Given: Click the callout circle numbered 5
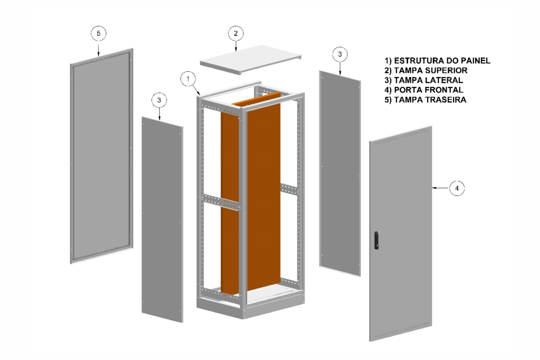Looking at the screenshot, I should point(98,33).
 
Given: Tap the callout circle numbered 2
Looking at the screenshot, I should point(236,33).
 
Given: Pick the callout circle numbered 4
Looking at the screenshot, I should point(457,188).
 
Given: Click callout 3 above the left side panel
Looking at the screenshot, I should point(160,99).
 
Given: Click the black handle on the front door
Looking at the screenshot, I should point(375,240).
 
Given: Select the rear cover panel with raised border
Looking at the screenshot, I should point(101,155).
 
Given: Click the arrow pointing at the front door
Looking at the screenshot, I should point(440,188).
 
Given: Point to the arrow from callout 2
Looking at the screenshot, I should point(236,46).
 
